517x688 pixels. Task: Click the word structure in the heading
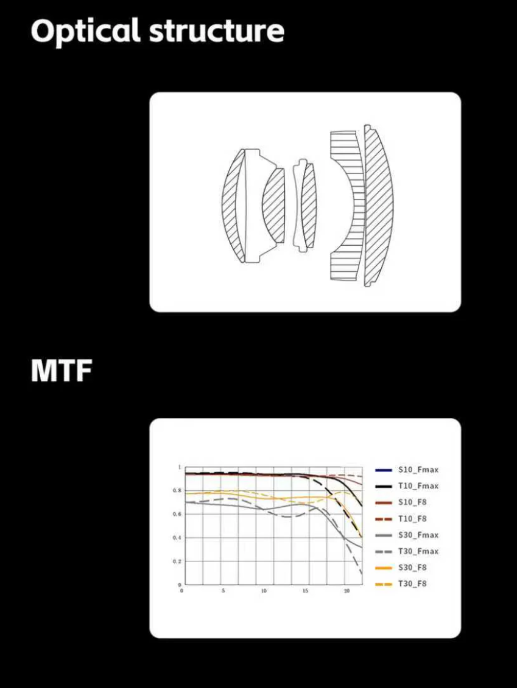(x=217, y=32)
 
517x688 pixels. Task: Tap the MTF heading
(x=62, y=370)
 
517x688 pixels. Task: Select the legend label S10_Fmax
(x=418, y=470)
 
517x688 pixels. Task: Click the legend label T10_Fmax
(x=418, y=486)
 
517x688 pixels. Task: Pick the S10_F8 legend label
(x=412, y=502)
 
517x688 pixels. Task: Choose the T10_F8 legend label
(x=412, y=519)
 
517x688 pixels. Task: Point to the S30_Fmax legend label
(x=418, y=535)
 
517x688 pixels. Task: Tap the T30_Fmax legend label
(x=418, y=551)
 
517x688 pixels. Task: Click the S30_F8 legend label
(x=412, y=568)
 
